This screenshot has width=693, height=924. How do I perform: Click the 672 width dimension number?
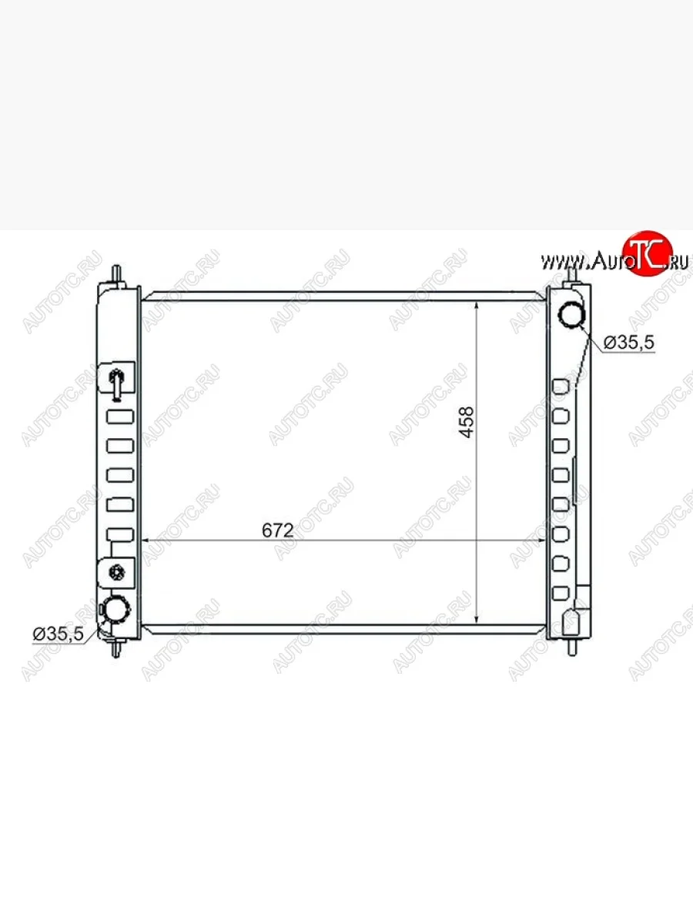pyautogui.click(x=277, y=531)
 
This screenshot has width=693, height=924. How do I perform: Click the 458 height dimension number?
pyautogui.click(x=466, y=422)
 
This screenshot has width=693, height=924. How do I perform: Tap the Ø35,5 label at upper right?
pyautogui.click(x=629, y=343)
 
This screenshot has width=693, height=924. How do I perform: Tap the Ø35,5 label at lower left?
pyautogui.click(x=59, y=634)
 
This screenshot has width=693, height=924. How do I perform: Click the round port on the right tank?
pyautogui.click(x=571, y=316)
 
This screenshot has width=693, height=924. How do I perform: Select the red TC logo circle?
pyautogui.click(x=647, y=253)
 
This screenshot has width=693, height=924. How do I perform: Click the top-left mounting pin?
pyautogui.click(x=117, y=276)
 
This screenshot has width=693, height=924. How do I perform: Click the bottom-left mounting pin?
pyautogui.click(x=116, y=647)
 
